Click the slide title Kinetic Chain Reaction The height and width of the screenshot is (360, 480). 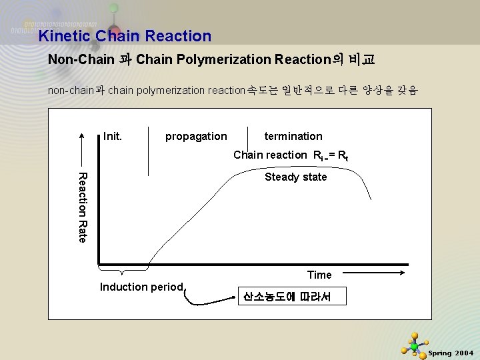[125, 36]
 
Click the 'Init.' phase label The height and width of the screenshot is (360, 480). [113, 136]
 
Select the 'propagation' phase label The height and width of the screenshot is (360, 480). [196, 136]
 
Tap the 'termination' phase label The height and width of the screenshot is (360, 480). [293, 136]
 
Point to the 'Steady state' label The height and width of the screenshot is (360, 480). [296, 177]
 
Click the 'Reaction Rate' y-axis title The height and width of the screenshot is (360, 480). [82, 207]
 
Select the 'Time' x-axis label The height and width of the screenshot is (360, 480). [319, 275]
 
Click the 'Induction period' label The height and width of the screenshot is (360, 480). [141, 287]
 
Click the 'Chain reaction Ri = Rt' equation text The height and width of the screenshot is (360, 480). [291, 155]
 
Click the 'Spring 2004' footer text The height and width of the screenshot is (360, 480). [451, 352]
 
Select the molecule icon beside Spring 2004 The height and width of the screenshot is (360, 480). [414, 345]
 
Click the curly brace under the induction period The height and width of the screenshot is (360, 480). [123, 270]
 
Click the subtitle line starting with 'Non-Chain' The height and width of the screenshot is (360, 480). [211, 59]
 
